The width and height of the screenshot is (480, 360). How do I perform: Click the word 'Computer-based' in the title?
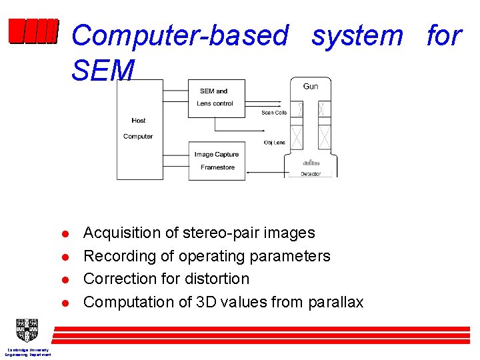tap(180, 35)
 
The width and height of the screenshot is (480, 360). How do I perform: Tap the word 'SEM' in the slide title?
tap(103, 71)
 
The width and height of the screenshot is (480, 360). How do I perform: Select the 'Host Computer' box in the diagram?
tap(139, 129)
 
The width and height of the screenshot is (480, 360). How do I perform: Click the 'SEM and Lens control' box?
tap(216, 97)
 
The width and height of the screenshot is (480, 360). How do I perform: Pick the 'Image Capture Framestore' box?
tap(217, 161)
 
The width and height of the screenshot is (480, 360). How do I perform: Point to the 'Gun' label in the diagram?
tap(311, 86)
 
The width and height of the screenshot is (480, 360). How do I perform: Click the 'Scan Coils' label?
tap(274, 113)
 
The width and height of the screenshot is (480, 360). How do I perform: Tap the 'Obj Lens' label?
tap(274, 143)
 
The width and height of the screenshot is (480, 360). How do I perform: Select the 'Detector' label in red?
tap(311, 174)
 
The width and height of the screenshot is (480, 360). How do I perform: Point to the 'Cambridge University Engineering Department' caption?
tap(27, 352)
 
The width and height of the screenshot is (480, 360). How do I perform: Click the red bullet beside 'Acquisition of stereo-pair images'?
tap(66, 234)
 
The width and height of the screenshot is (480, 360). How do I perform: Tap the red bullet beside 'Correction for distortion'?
tap(66, 280)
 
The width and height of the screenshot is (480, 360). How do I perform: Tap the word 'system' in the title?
tap(357, 35)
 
